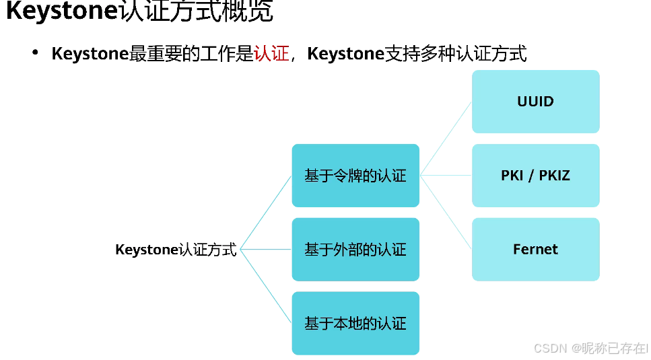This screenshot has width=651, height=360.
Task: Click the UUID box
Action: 535,102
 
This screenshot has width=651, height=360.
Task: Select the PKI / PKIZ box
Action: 535,176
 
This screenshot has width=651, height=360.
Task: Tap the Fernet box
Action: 535,250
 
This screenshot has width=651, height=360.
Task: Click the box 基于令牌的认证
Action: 355,176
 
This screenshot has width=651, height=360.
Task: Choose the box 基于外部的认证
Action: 355,250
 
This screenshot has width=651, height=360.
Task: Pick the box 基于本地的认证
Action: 355,324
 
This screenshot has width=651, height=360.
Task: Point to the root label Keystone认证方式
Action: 176,250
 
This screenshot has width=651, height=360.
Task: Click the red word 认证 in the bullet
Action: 271,54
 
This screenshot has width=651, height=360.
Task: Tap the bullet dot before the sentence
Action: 35,52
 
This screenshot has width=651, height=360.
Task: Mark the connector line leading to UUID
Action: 446,138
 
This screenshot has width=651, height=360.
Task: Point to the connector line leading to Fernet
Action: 446,212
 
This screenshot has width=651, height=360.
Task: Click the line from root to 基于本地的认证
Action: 266,286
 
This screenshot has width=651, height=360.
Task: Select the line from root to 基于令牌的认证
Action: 266,213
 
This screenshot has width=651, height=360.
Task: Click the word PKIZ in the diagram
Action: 553,176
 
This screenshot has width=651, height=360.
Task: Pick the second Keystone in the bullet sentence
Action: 345,54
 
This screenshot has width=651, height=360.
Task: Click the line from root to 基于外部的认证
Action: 266,250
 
